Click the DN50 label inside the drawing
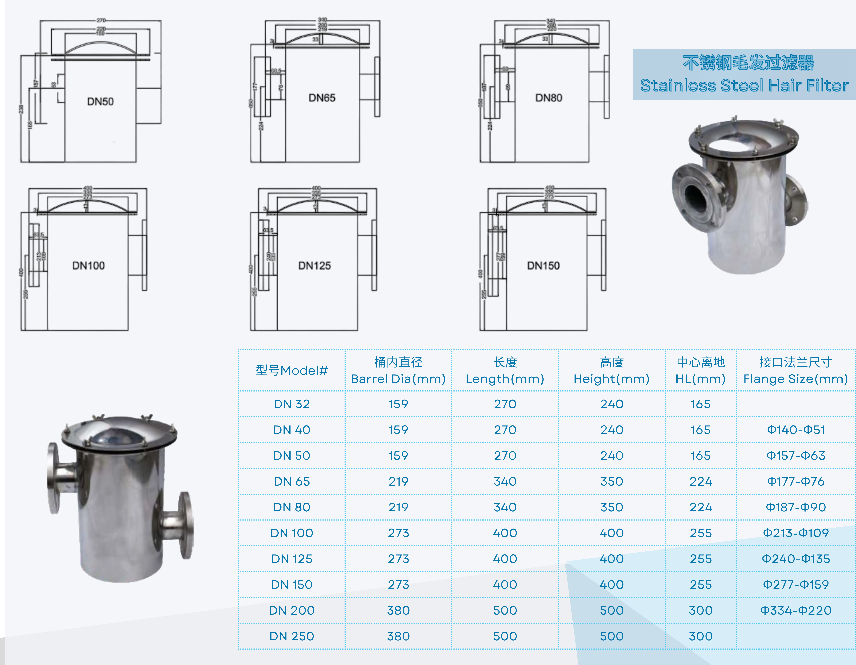tap(100, 102)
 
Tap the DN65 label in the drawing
tap(322, 98)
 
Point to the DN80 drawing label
tap(549, 98)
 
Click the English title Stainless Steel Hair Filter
tap(744, 85)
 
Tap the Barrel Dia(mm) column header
tap(398, 379)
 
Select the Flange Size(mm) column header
tap(796, 379)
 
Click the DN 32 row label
tap(292, 404)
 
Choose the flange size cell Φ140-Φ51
tap(796, 430)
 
